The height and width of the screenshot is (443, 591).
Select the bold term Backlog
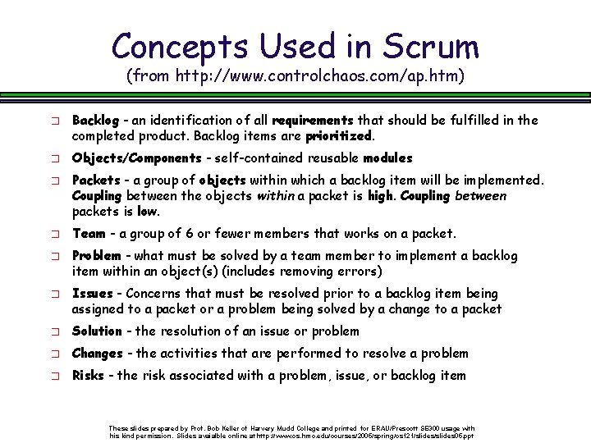(x=95, y=120)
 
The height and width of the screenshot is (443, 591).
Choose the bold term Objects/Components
(x=136, y=158)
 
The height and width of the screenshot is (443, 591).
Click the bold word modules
(x=387, y=158)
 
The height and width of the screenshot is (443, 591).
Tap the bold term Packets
(x=96, y=180)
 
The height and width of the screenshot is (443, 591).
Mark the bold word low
(x=147, y=211)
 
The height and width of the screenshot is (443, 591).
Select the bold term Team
(x=89, y=234)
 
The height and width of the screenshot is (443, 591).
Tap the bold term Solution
(x=97, y=331)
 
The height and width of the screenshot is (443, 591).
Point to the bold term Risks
(x=88, y=376)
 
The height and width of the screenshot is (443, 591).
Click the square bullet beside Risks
(x=53, y=377)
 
